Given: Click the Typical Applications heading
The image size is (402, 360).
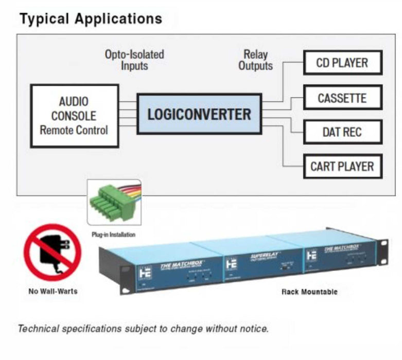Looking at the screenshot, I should coord(91,19).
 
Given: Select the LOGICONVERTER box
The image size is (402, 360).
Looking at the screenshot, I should coord(199,114).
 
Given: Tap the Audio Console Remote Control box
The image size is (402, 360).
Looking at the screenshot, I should coord(74,116).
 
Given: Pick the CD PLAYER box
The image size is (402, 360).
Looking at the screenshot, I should coord(342,63).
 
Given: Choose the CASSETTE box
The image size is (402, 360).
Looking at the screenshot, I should coord(342,98).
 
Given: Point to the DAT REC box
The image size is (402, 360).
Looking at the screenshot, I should coord(342,132).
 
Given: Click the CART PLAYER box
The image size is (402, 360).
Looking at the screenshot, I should coord(342,167).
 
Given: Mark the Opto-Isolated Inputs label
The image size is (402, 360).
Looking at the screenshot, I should coord(134,60).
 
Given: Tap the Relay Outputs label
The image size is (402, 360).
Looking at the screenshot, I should coord(255,60).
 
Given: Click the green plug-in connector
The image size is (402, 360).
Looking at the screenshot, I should coord(108,202).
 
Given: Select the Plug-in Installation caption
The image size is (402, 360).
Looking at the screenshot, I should coord(114,235).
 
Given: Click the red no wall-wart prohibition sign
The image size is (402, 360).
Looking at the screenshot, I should coord(53,252).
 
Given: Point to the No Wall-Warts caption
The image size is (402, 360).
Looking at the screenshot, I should coord(52,291).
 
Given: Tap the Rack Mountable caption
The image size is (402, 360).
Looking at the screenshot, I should coord(309,292).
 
